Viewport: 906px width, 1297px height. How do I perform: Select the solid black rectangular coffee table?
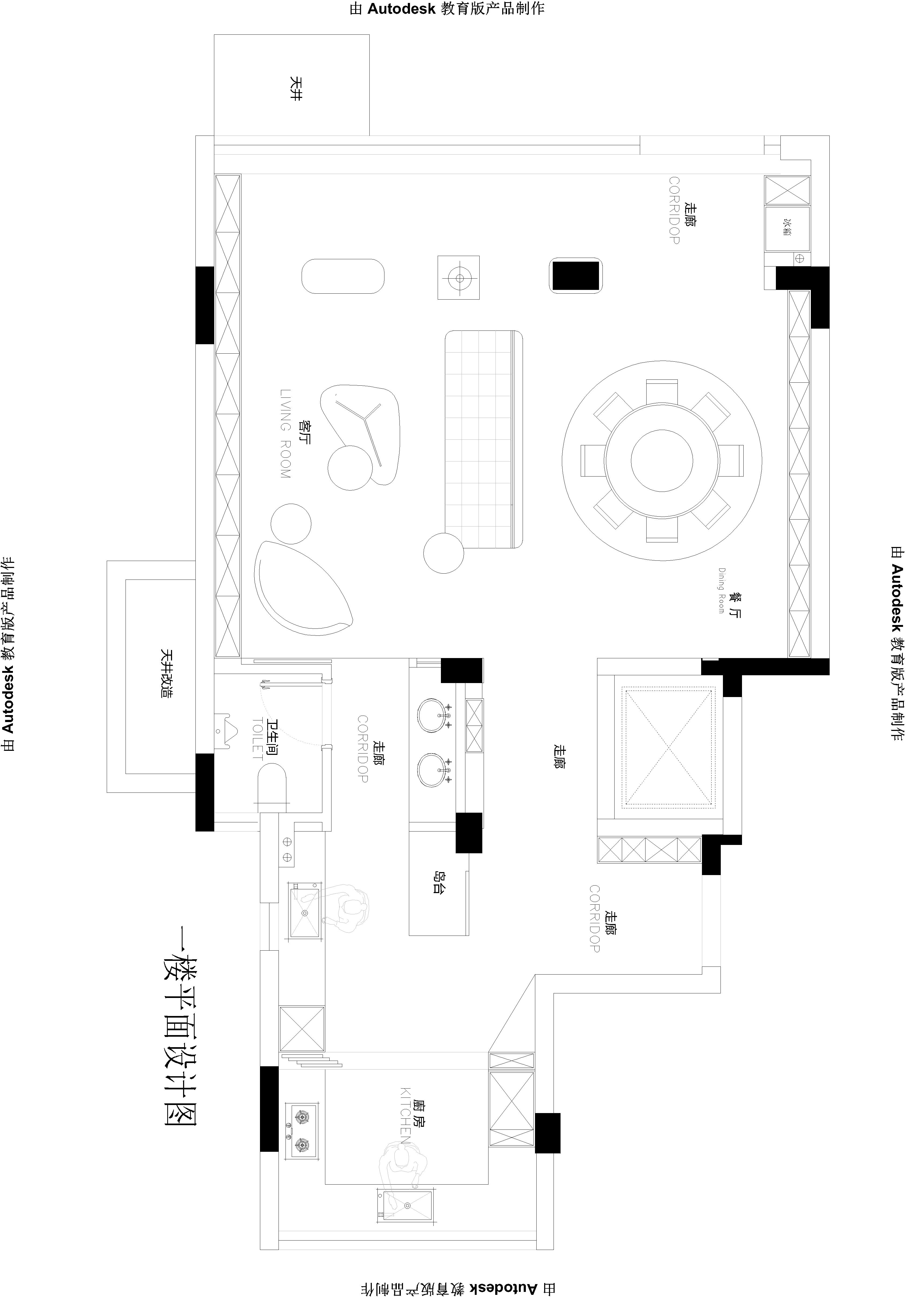pos(575,276)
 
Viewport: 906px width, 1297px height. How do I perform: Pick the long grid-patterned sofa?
pos(483,439)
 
